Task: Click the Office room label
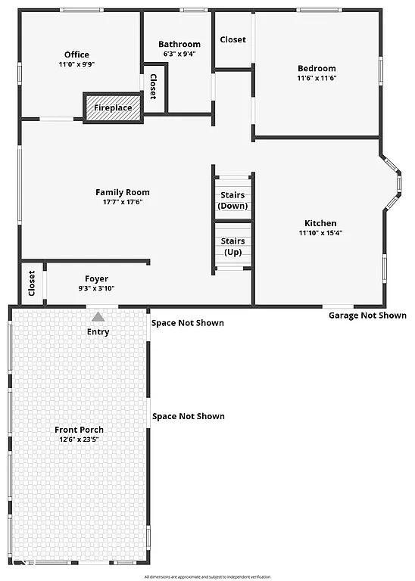(76, 54)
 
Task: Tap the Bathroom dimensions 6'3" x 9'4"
(179, 54)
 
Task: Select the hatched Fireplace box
(113, 107)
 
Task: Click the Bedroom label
(317, 68)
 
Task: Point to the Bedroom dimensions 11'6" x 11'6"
(317, 78)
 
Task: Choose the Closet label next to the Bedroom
(232, 39)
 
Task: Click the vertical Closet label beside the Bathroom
(153, 87)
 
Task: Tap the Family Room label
(122, 192)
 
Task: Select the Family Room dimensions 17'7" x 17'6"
(122, 202)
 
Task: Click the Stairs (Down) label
(232, 200)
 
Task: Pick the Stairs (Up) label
(232, 246)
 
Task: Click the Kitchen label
(320, 223)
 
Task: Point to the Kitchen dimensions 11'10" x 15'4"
(320, 233)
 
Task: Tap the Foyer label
(96, 279)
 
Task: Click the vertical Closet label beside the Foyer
(32, 283)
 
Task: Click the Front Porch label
(79, 430)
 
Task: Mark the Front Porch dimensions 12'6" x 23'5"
(79, 440)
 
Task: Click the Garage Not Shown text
(367, 315)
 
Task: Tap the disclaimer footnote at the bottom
(207, 576)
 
